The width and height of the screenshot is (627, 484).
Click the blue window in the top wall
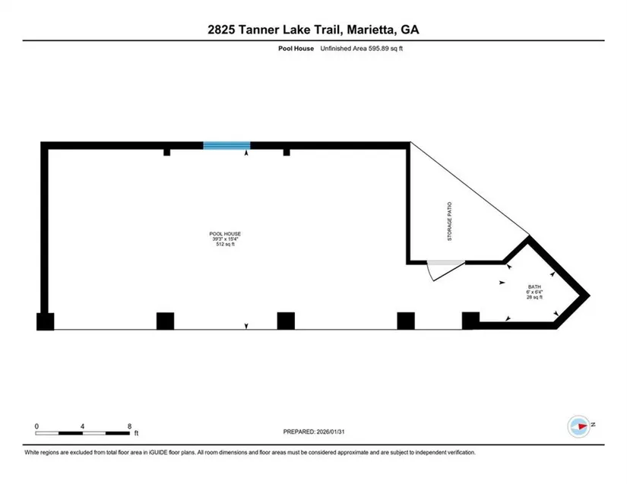[226, 146]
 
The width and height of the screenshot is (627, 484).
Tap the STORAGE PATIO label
[449, 221]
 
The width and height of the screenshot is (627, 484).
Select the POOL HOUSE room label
[225, 233]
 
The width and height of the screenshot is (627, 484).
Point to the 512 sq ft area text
[225, 244]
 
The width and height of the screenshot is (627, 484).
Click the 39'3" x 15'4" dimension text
[225, 239]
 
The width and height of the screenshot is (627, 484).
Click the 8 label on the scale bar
[130, 425]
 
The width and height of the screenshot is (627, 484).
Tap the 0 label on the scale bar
[36, 425]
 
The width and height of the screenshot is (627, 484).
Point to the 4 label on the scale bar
[83, 425]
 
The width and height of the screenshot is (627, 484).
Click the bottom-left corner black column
[46, 321]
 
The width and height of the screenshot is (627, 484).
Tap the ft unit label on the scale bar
[136, 435]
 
